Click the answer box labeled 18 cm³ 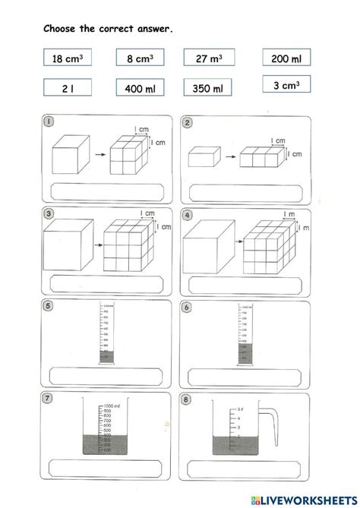67,58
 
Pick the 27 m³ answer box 209,58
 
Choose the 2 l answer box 67,89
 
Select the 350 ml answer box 209,89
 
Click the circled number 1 49,122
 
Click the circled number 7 49,399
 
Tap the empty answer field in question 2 245,191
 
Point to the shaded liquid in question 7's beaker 106,443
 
